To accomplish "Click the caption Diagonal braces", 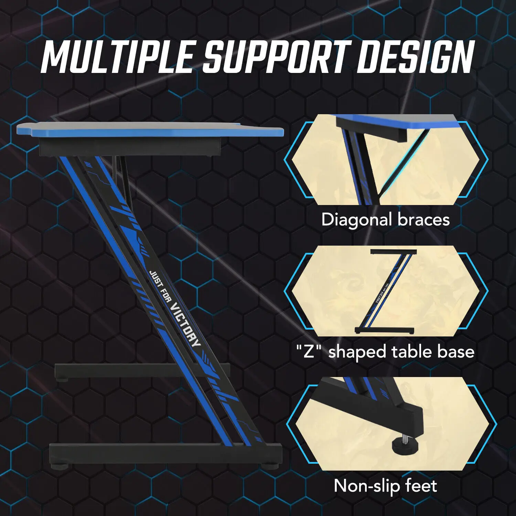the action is [x=385, y=219].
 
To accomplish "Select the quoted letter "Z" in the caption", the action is [x=309, y=352].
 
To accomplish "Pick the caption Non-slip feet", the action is [x=385, y=486].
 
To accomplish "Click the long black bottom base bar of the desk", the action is [x=165, y=453].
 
